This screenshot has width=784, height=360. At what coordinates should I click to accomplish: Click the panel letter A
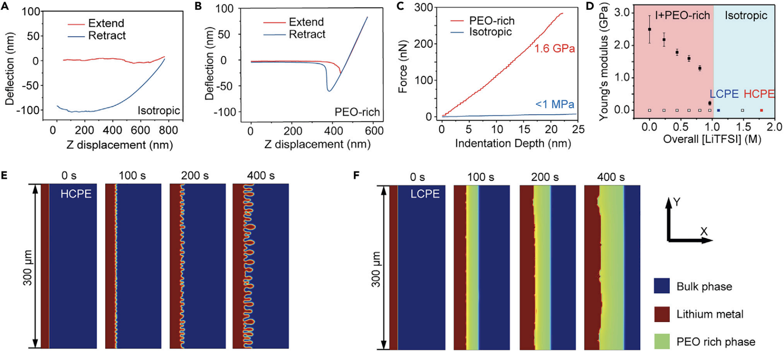click(5, 6)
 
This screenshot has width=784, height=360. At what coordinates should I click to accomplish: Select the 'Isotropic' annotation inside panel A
click(159, 111)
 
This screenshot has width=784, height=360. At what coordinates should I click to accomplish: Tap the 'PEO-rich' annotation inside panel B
click(357, 112)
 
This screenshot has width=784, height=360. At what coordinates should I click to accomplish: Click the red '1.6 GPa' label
click(555, 49)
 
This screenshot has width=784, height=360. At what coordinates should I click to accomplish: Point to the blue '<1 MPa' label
click(555, 104)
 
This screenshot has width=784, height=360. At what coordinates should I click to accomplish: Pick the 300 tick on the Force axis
click(423, 8)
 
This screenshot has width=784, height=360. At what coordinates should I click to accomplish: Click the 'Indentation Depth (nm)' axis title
click(513, 143)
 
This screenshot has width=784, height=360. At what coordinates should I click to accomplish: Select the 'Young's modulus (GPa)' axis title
click(604, 61)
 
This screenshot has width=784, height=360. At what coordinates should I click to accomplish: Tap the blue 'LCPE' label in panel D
click(724, 94)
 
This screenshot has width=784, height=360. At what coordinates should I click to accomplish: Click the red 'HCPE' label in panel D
click(759, 94)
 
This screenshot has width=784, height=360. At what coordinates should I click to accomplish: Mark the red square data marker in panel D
click(761, 110)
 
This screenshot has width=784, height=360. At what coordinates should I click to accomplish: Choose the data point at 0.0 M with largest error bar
click(649, 29)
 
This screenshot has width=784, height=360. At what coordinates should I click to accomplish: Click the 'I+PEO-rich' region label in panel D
click(682, 15)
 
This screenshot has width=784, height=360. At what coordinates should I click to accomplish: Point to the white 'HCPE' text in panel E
click(76, 194)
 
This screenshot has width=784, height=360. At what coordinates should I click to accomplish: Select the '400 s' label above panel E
click(261, 176)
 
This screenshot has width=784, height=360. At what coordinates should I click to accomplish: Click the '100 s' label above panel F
click(480, 177)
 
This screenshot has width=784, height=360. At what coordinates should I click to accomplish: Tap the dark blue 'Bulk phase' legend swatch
click(662, 286)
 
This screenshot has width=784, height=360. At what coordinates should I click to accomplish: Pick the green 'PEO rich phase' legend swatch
click(662, 341)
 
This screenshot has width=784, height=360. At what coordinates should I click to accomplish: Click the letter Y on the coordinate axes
click(677, 202)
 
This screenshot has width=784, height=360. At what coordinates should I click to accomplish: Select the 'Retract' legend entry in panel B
click(307, 34)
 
